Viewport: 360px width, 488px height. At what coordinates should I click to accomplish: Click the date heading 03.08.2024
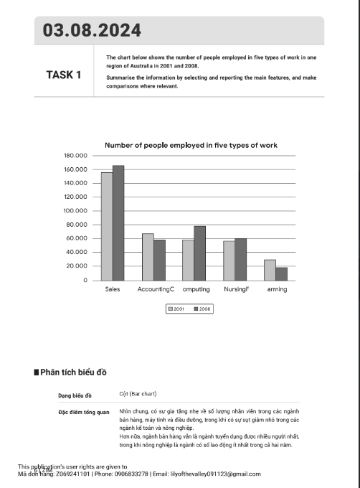(92, 31)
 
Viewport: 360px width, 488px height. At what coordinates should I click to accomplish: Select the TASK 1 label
(63, 75)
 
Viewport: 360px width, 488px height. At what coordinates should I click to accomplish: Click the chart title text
(191, 145)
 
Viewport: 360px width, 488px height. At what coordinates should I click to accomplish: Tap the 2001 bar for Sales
(107, 226)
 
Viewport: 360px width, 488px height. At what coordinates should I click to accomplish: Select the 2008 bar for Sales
(118, 222)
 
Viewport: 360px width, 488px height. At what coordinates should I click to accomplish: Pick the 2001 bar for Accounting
(148, 256)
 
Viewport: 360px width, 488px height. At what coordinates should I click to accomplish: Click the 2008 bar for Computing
(199, 253)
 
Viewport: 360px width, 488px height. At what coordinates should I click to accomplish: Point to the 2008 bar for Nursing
(240, 259)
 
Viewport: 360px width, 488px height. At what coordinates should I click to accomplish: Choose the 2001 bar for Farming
(270, 270)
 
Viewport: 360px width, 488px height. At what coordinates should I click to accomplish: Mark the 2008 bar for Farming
(281, 273)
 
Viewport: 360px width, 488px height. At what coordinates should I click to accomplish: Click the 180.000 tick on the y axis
(75, 156)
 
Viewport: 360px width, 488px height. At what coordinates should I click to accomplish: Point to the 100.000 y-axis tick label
(75, 211)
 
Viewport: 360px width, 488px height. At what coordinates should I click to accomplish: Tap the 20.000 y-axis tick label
(77, 266)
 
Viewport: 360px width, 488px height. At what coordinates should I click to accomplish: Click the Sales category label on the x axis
(113, 289)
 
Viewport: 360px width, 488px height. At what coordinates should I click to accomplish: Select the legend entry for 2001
(176, 309)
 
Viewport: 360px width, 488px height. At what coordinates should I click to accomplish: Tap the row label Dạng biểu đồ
(75, 395)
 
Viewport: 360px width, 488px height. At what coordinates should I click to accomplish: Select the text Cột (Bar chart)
(138, 394)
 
